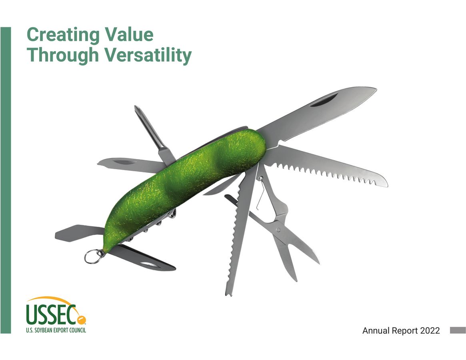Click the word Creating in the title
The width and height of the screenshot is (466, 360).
(63, 35)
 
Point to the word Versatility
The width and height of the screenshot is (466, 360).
(148, 56)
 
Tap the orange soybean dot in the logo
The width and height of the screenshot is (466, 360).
(80, 320)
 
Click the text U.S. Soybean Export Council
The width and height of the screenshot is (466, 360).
(56, 330)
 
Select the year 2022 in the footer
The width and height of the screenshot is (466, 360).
(430, 330)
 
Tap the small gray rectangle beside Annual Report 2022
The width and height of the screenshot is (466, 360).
(458, 330)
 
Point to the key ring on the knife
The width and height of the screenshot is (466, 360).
(91, 256)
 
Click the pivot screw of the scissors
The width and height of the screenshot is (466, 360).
(278, 230)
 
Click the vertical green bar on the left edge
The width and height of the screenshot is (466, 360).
(6, 180)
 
